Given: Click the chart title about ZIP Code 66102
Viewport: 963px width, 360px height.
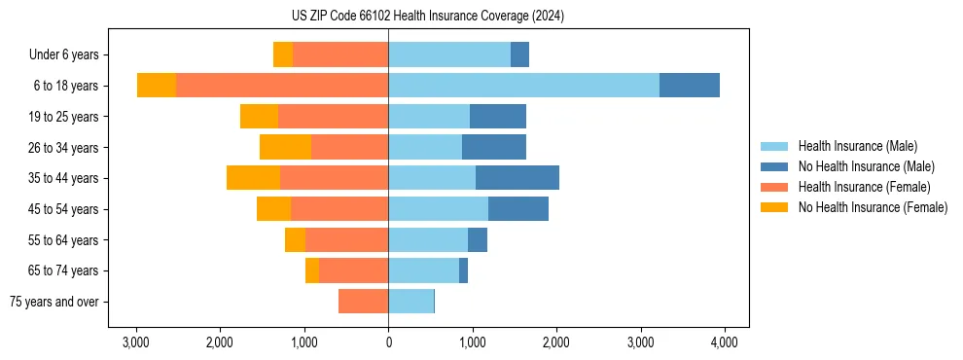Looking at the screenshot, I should click(x=481, y=16).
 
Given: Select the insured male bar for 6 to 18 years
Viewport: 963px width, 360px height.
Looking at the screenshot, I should click(x=523, y=86).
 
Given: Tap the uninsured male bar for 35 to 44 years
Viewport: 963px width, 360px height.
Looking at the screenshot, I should click(x=517, y=178).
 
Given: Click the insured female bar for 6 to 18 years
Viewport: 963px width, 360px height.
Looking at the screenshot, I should click(x=282, y=86).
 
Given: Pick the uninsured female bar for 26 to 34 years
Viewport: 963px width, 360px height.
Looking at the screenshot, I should click(x=285, y=147).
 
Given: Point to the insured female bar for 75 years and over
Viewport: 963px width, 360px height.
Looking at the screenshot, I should click(x=363, y=302).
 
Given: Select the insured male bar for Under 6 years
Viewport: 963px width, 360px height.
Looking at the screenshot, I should click(x=449, y=54).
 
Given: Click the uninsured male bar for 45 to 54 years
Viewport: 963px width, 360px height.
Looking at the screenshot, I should click(x=518, y=209).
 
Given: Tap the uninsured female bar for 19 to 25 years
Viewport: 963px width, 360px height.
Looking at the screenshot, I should click(x=259, y=117).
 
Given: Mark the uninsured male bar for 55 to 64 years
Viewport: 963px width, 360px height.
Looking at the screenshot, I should click(x=478, y=239).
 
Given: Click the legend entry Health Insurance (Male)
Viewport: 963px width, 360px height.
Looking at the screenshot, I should click(x=857, y=146).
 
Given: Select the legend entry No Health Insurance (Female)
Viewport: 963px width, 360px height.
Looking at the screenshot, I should click(x=872, y=207).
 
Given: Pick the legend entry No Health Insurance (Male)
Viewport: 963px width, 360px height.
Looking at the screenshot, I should click(x=866, y=166).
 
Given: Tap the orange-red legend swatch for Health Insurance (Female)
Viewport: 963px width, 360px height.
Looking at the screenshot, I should click(x=774, y=187).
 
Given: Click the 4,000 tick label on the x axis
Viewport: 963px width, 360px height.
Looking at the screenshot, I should click(x=723, y=342).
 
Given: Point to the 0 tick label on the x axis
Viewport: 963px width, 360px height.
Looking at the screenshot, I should click(x=388, y=342).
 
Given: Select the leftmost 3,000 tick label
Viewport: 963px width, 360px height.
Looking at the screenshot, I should click(x=135, y=342).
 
